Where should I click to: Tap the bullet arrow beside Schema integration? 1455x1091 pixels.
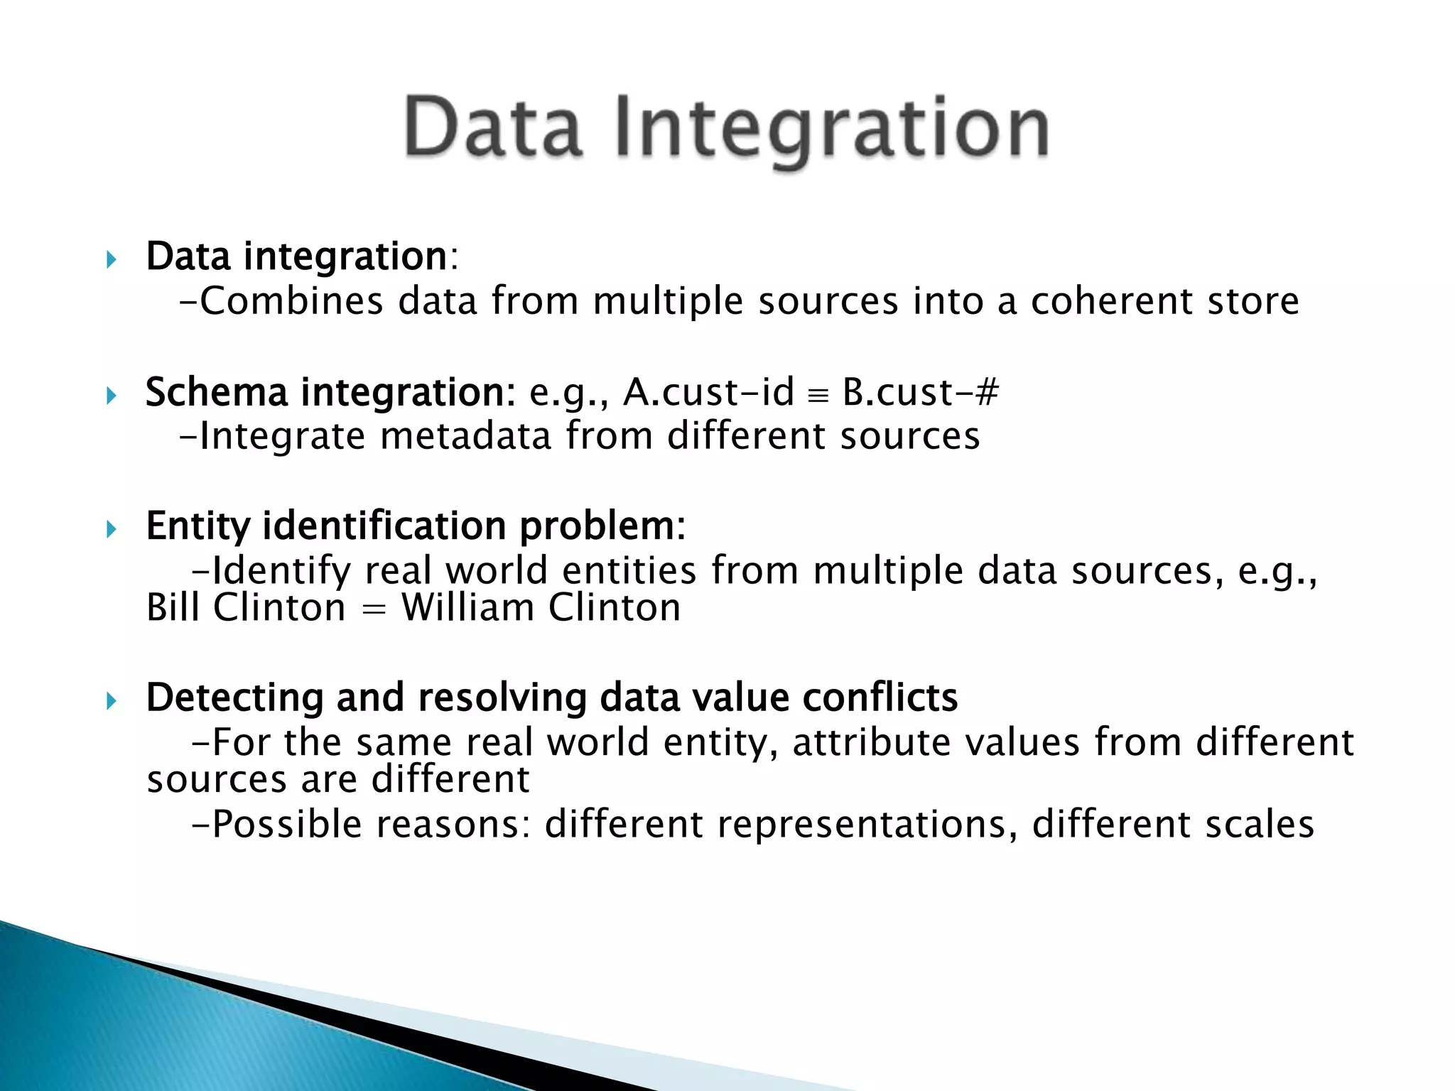click(111, 396)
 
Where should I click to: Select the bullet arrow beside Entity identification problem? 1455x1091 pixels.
click(111, 529)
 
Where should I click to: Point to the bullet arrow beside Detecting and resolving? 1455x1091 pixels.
click(111, 702)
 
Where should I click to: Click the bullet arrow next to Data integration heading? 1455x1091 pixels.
click(111, 259)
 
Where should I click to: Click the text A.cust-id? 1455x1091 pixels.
click(708, 392)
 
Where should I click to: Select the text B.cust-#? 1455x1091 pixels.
click(920, 392)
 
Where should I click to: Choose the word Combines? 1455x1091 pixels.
click(291, 300)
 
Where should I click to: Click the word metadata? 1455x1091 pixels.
click(465, 435)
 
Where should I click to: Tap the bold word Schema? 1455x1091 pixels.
click(216, 392)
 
